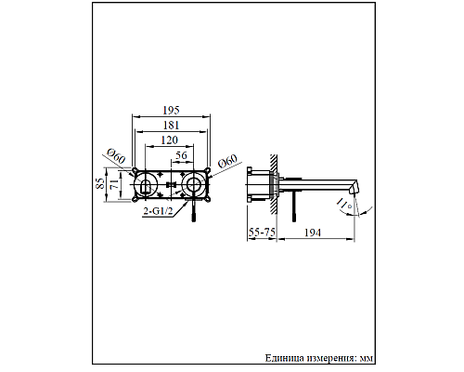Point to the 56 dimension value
click(182, 155)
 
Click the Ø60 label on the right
click(225, 166)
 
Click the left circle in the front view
click(145, 185)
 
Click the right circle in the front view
click(194, 185)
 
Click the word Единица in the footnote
click(285, 357)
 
